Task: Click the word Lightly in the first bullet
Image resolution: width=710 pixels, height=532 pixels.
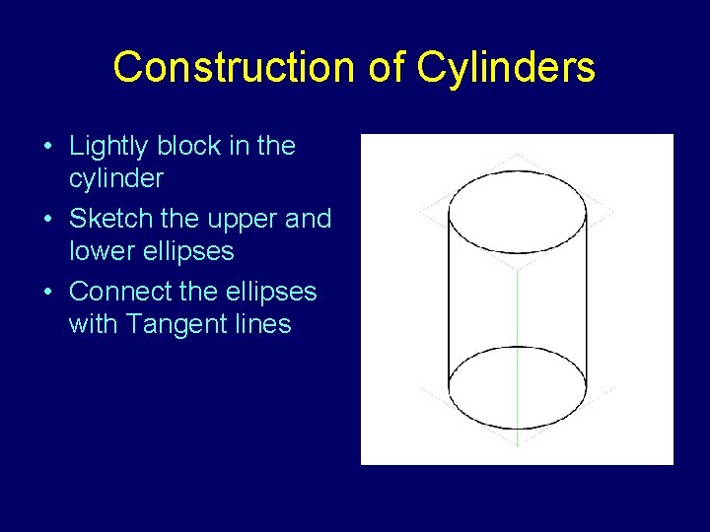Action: click(x=110, y=147)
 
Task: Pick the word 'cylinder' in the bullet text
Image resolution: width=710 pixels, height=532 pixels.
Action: click(x=115, y=179)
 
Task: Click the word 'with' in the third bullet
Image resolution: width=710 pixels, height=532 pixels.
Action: click(x=92, y=324)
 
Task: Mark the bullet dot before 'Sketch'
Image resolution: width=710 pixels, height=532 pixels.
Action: click(x=48, y=220)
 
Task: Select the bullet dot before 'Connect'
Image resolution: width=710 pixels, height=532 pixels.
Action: click(x=48, y=293)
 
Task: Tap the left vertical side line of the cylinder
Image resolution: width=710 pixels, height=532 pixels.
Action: click(x=449, y=296)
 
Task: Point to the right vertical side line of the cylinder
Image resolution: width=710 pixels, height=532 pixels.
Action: click(x=586, y=296)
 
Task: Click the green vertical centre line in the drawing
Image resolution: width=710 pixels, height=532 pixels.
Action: click(x=518, y=305)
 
